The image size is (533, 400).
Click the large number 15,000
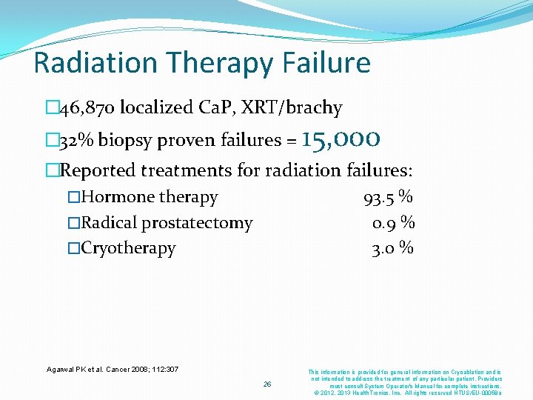(x=341, y=138)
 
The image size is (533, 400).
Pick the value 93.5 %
(x=388, y=197)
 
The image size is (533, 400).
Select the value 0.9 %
(x=392, y=222)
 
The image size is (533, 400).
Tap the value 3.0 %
(x=392, y=247)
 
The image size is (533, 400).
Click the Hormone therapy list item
(x=149, y=197)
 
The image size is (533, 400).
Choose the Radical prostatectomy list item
(x=167, y=222)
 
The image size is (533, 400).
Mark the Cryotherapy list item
(x=128, y=247)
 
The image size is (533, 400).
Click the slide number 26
(x=266, y=384)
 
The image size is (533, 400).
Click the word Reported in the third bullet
(x=95, y=170)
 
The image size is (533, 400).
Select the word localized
(x=155, y=108)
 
